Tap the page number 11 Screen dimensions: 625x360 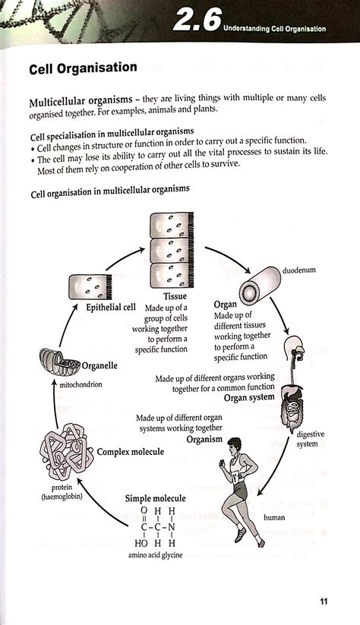[324, 601]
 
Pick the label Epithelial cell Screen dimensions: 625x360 [96, 309]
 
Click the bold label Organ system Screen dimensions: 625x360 [243, 396]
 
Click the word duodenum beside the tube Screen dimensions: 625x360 [300, 270]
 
